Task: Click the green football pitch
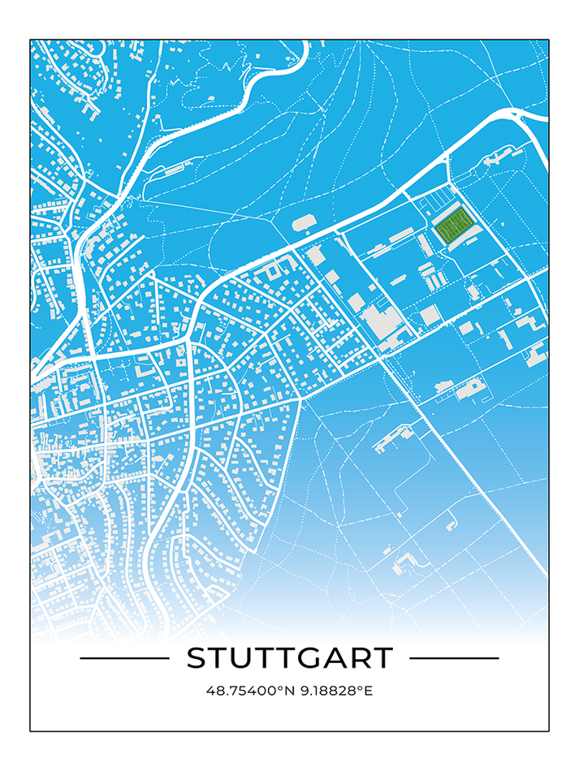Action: [x=452, y=226]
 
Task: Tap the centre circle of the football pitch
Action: [x=452, y=226]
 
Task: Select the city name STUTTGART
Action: [x=289, y=658]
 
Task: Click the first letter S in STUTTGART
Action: [x=197, y=658]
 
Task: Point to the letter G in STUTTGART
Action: [x=309, y=658]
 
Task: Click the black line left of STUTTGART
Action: [x=124, y=658]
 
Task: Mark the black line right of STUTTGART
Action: [x=454, y=658]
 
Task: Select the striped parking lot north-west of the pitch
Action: [x=437, y=197]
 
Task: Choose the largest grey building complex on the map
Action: [x=380, y=321]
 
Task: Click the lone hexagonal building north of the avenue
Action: [x=303, y=221]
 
